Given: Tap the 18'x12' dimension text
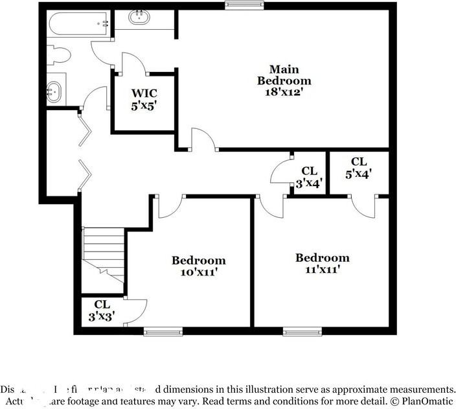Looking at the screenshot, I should click(x=284, y=92).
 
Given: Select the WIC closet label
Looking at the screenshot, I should click(x=144, y=92).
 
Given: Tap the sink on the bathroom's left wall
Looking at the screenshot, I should click(x=55, y=92).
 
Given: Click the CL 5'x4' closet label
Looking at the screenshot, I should click(x=359, y=167).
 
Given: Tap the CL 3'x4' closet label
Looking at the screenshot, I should click(x=309, y=176).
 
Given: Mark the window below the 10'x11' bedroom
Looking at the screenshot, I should click(x=159, y=331).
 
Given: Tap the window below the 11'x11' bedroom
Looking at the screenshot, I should click(x=302, y=331).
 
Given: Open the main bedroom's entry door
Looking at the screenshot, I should click(x=203, y=141).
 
